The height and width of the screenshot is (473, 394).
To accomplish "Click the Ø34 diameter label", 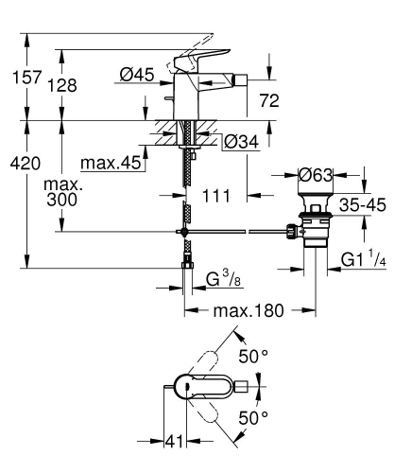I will pos(241,143).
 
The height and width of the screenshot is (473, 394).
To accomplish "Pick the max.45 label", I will pos(110,163).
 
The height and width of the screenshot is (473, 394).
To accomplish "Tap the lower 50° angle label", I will pos(253,417).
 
